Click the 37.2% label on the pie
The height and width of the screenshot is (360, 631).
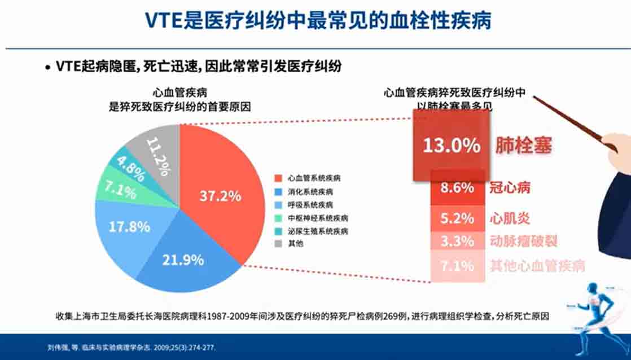click(220, 196)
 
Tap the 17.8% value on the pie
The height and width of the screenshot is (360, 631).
click(129, 227)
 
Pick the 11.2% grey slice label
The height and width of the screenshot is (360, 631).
click(158, 155)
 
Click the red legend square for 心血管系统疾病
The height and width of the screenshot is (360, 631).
click(277, 178)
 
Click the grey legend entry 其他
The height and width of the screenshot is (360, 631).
click(296, 244)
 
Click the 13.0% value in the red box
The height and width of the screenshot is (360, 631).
click(452, 146)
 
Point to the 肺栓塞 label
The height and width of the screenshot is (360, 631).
click(523, 146)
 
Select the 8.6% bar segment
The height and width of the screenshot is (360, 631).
click(457, 188)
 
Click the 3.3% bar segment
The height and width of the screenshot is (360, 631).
click(457, 241)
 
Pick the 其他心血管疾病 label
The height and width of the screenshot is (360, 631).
click(537, 265)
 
